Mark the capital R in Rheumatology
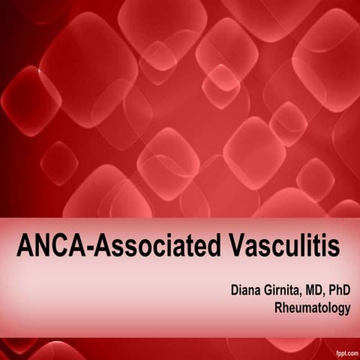(279, 307)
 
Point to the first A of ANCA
(23, 244)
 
